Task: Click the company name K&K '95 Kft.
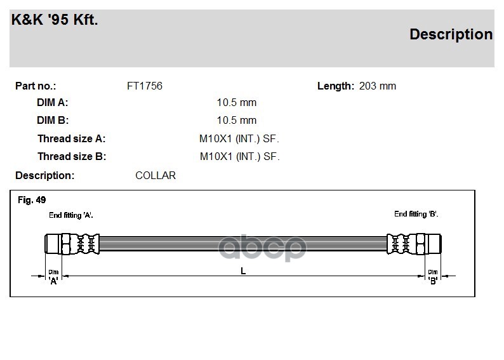tap(55, 20)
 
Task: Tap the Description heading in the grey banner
tap(451, 35)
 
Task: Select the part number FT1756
tap(145, 86)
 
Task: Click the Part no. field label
tap(36, 86)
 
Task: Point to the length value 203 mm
tap(377, 86)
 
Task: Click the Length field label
tap(336, 86)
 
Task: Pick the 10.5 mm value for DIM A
tap(237, 102)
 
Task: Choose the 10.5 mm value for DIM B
tap(237, 120)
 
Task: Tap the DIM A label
tap(53, 102)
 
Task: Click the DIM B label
tap(53, 120)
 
